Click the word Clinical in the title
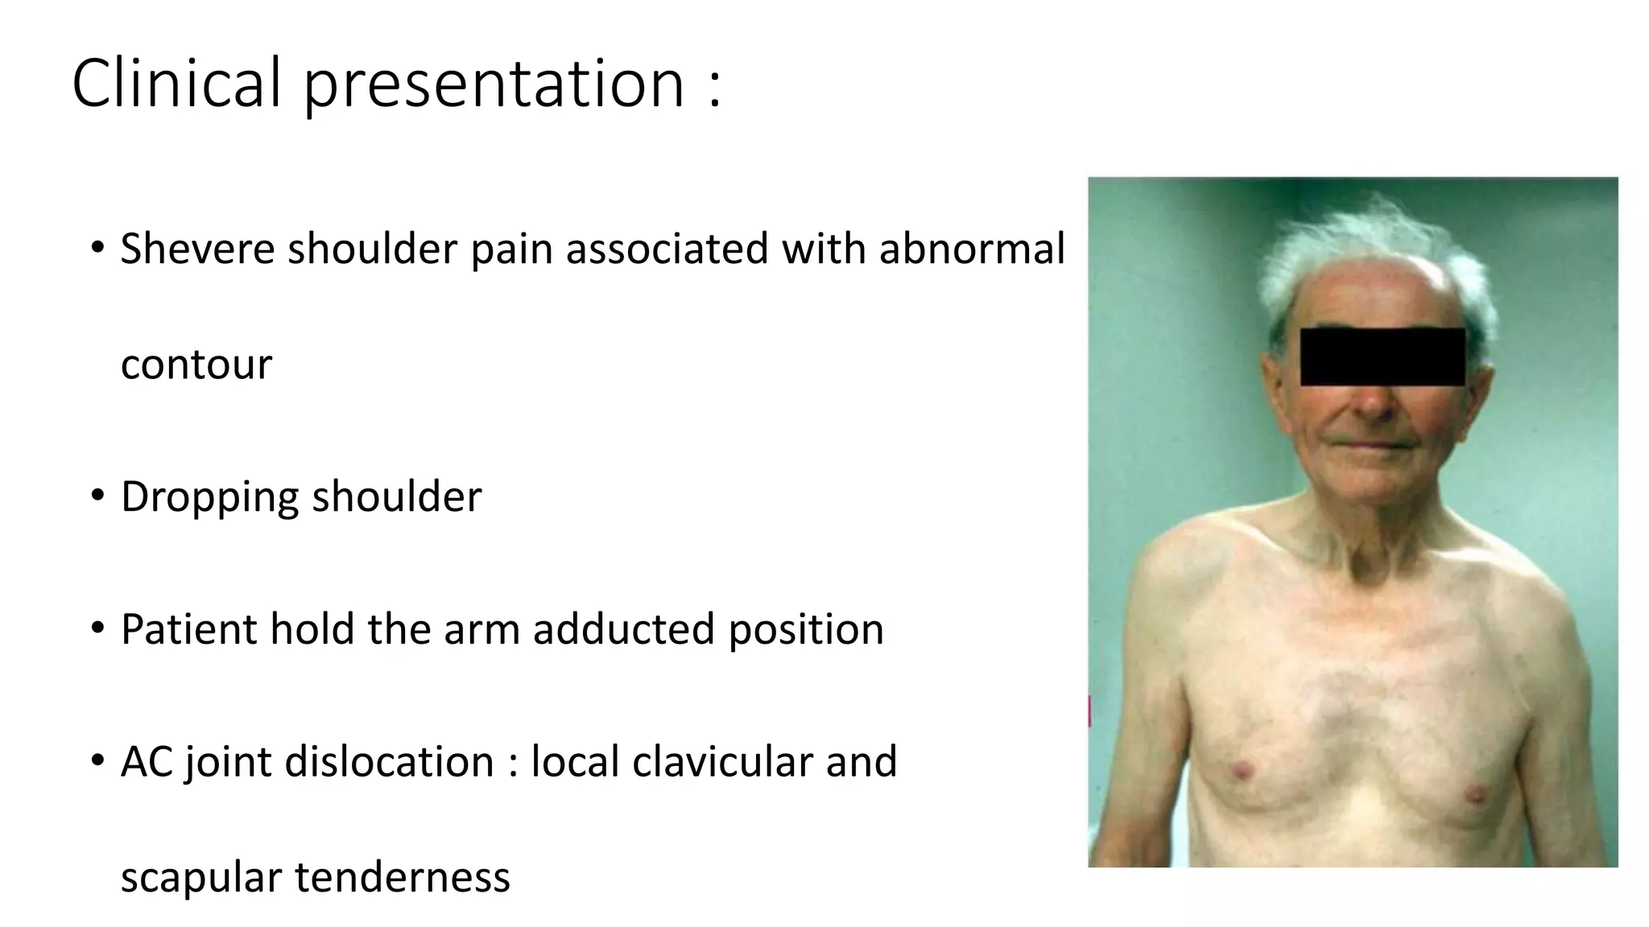176,82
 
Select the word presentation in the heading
494,84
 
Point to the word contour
196,365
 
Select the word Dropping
209,497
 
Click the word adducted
623,628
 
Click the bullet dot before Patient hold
97,628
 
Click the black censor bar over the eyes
1382,356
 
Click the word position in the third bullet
805,630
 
